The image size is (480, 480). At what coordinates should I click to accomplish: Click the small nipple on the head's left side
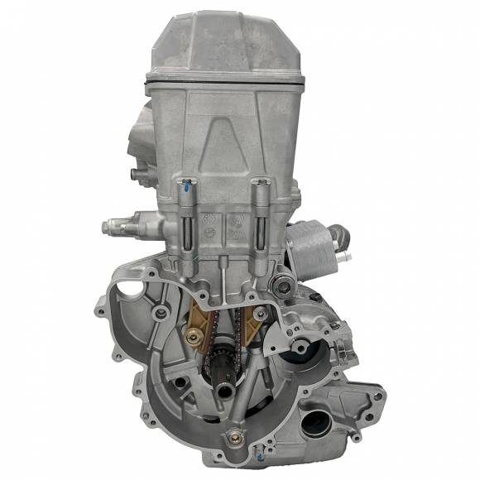pyautogui.click(x=133, y=175)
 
